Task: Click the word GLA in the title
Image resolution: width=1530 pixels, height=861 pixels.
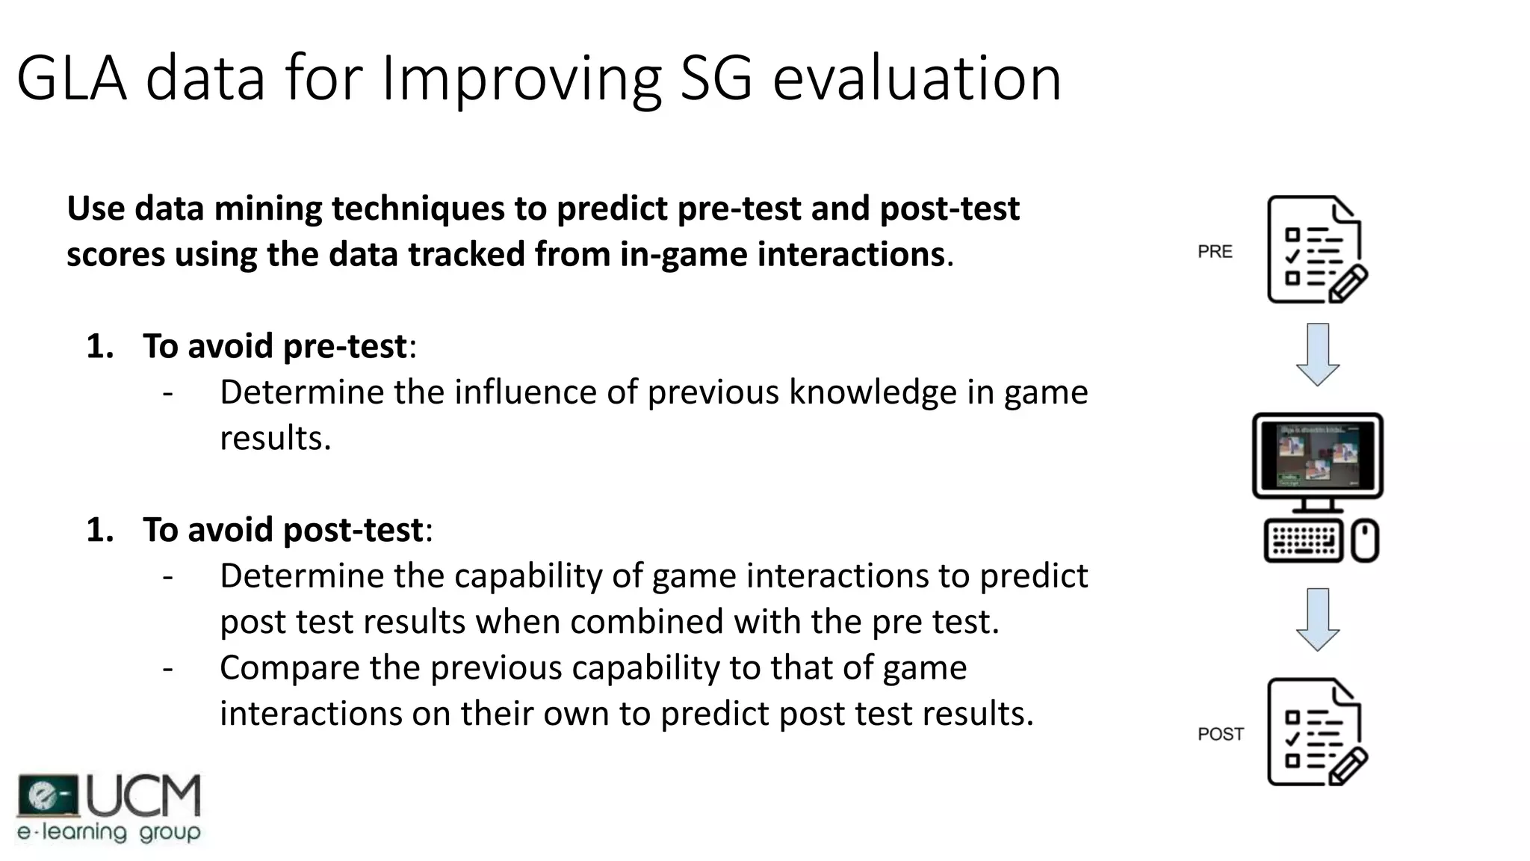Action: pos(72,78)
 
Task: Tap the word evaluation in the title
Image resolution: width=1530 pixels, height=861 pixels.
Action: pos(917,78)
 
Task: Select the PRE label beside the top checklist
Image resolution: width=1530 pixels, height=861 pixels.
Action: pos(1215,252)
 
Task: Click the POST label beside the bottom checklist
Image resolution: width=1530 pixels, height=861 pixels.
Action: pos(1221,734)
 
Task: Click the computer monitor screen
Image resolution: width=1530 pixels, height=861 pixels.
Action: pos(1317,455)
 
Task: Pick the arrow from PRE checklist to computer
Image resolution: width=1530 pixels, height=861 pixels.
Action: pos(1317,354)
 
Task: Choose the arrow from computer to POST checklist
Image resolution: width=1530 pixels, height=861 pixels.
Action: pos(1317,619)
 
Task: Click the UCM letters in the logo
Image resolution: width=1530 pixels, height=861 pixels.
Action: pos(144,796)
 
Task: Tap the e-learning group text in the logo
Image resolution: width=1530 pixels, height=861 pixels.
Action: pos(109,833)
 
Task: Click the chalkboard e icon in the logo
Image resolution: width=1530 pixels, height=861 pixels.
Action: pos(48,795)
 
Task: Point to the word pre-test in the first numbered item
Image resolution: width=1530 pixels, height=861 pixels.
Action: pos(345,346)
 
